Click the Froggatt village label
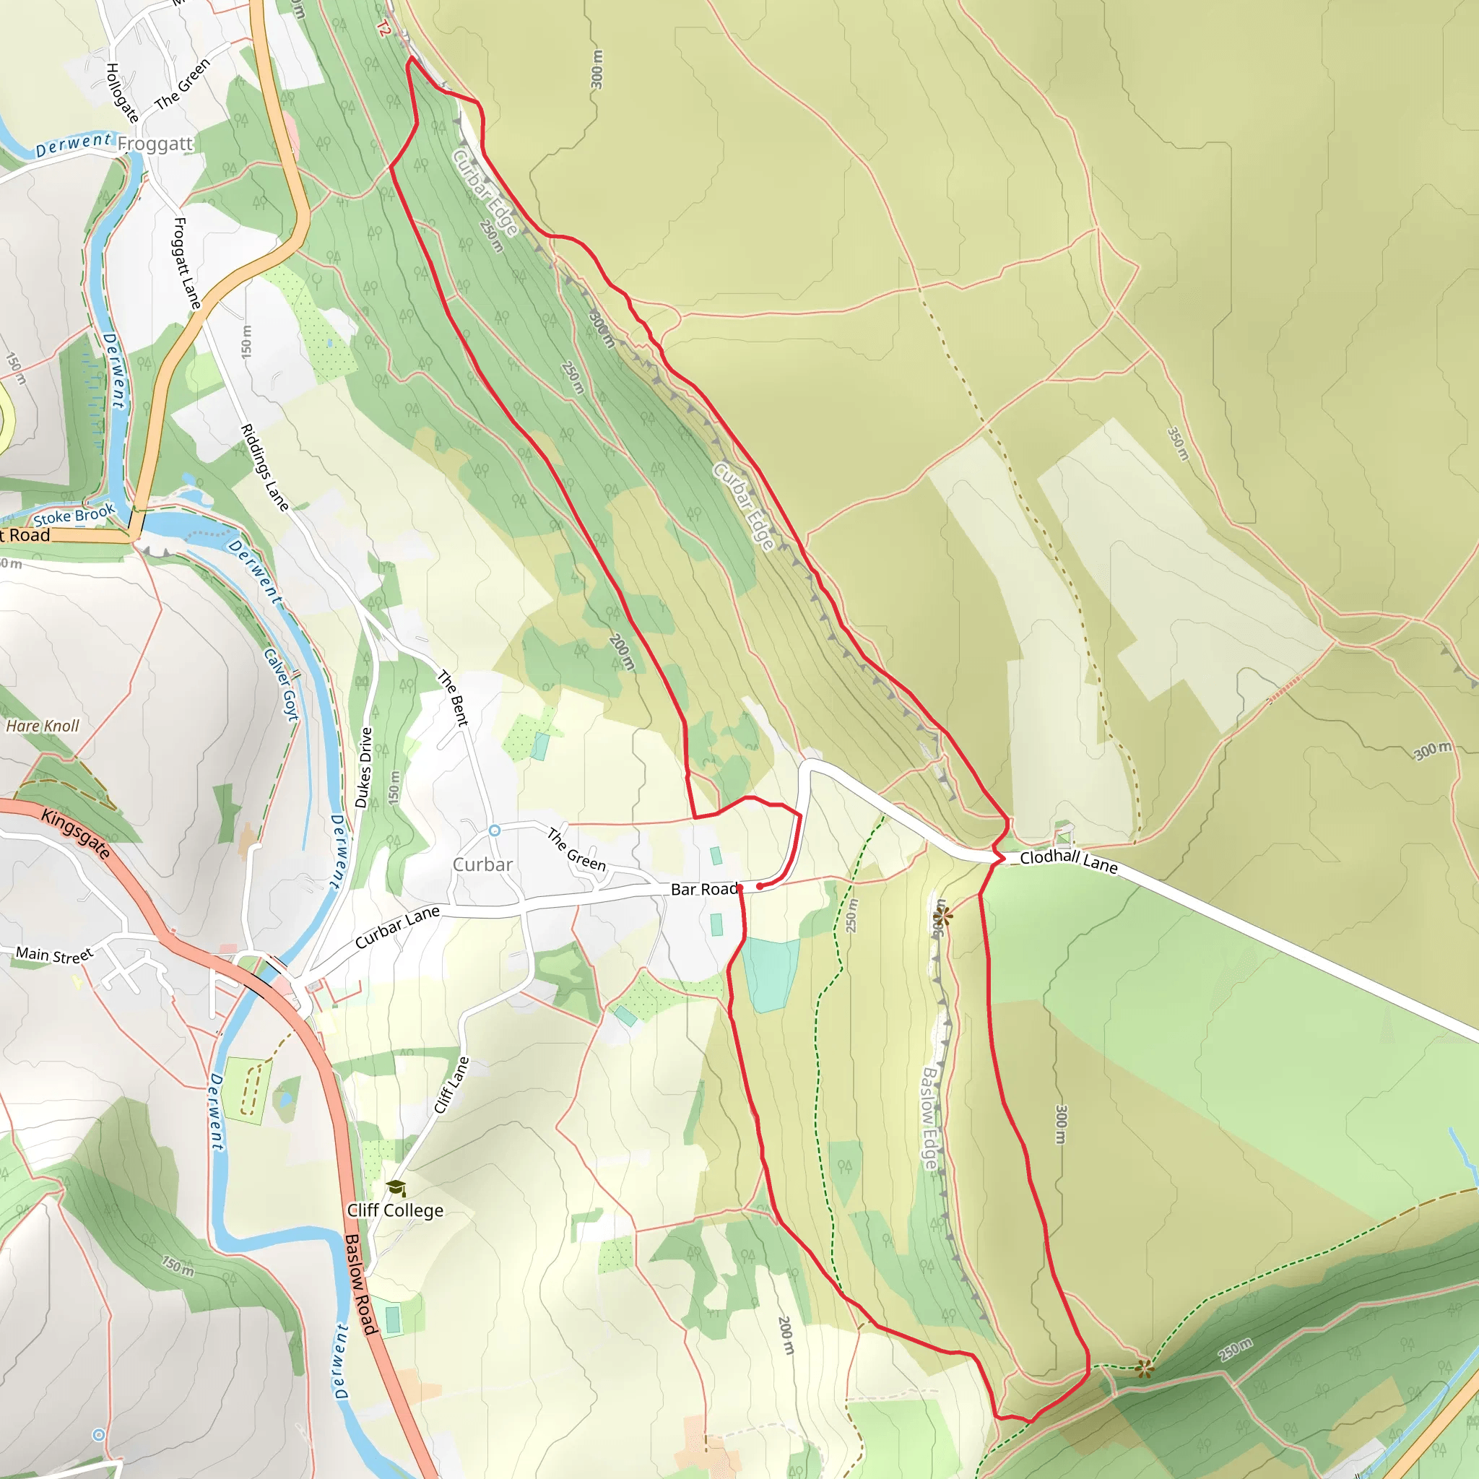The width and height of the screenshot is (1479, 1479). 155,144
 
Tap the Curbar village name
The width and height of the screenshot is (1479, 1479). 482,864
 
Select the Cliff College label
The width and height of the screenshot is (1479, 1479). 395,1210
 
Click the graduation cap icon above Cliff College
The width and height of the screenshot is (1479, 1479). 396,1188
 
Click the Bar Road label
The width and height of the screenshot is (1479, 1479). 703,889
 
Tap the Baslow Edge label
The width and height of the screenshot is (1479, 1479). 929,1119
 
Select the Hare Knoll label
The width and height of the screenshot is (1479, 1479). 43,726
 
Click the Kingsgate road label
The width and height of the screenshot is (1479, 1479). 76,834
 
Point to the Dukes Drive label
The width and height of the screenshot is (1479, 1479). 364,768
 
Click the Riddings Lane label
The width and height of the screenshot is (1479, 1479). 265,468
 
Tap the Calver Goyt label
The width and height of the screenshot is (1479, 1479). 281,685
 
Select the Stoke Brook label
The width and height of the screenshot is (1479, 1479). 74,514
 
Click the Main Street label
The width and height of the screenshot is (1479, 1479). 54,955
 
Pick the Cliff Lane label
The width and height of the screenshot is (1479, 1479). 451,1085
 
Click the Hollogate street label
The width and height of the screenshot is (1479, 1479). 122,93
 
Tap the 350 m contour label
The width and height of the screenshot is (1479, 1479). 1178,444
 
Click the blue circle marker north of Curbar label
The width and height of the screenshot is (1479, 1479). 495,830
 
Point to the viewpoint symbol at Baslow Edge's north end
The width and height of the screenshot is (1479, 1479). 942,915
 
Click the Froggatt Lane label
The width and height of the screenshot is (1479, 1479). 187,264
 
